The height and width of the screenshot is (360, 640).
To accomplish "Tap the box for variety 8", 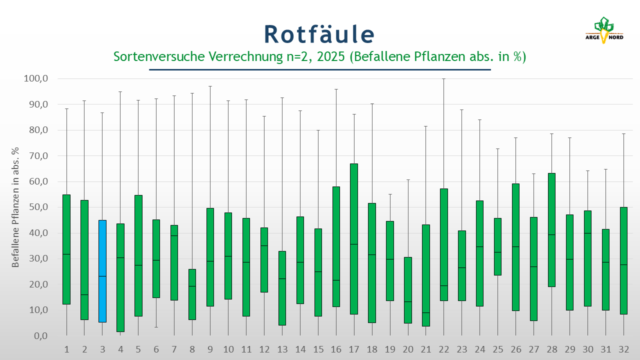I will click(192, 294).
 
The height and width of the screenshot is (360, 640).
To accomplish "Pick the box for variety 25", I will click(497, 246).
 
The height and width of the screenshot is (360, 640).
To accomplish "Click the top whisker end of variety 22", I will click(443, 79).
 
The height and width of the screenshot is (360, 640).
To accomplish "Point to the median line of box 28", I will click(551, 234).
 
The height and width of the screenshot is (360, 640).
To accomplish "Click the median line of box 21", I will click(426, 312).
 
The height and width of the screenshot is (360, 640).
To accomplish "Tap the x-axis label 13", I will click(282, 349).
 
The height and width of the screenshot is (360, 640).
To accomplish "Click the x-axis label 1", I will click(66, 349).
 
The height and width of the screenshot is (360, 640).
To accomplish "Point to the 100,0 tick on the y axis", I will click(36, 79).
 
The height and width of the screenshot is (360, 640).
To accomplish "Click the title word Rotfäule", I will click(319, 34).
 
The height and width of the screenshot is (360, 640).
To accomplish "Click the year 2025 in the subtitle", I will click(330, 56).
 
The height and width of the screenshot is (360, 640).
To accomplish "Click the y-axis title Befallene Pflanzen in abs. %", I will click(16, 207).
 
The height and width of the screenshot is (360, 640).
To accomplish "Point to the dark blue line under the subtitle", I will click(320, 69).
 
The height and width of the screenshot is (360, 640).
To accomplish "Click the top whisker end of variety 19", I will click(390, 194).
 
